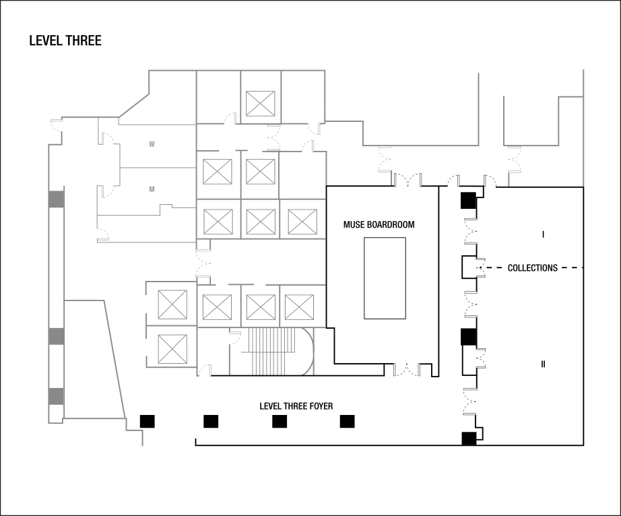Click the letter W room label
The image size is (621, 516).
tap(152, 144)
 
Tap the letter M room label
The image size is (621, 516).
tap(152, 189)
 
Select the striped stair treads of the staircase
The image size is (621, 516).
tap(272, 351)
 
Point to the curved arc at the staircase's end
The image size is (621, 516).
tap(309, 351)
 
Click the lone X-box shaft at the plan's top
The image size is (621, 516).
tap(260, 104)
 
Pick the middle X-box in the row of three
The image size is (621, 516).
tap(260, 222)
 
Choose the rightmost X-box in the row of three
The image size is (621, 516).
tap(302, 222)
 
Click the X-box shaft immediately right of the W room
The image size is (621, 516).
tap(218, 171)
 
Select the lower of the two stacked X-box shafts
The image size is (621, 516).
tap(172, 349)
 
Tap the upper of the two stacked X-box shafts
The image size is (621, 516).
tap(172, 304)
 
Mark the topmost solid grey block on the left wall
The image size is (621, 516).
tap(57, 200)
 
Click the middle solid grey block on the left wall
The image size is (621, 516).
tap(57, 336)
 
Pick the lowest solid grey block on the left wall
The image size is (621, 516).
tap(57, 396)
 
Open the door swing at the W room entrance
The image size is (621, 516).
tap(106, 139)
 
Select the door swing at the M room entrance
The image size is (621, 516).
tap(106, 191)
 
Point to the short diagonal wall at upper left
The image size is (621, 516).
tap(134, 106)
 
